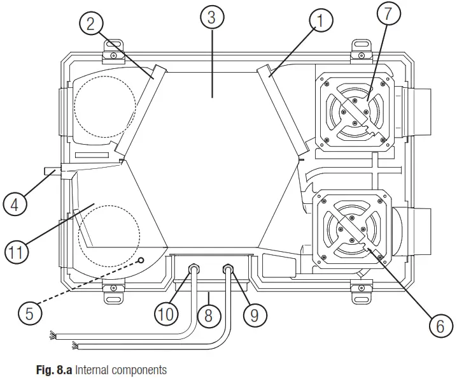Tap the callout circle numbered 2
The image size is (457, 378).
91,24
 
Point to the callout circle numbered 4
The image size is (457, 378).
15,205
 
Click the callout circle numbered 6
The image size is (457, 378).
437,326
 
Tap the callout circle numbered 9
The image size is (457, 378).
255,314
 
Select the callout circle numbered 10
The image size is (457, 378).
165,314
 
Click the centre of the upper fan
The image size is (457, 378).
355,113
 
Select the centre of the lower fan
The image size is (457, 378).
353,228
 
